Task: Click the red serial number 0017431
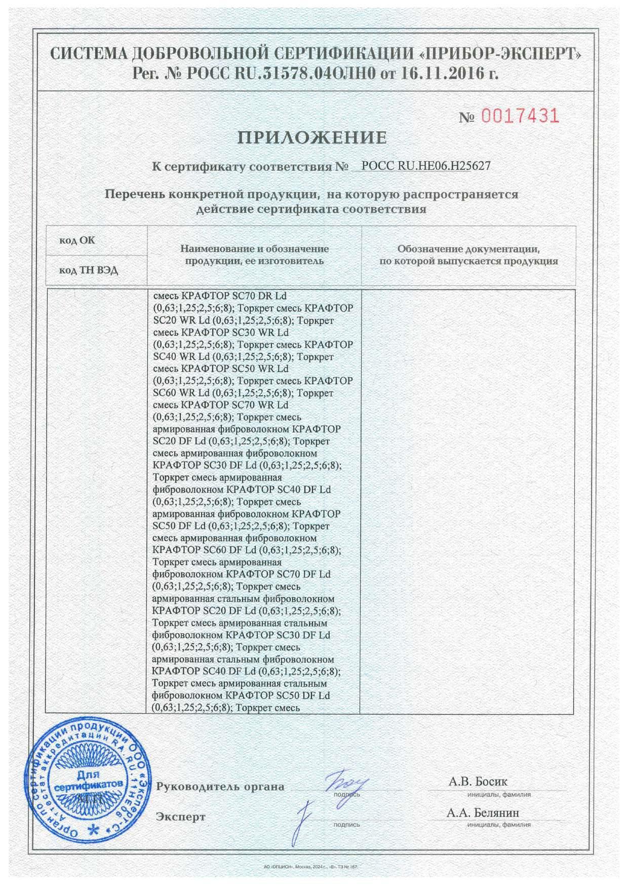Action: (520, 116)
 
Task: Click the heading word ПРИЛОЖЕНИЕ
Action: (313, 138)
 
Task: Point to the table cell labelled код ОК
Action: (77, 240)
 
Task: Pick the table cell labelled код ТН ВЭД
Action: (89, 270)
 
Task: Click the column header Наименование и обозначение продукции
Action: (254, 255)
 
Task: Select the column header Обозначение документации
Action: (468, 255)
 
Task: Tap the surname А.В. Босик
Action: (478, 781)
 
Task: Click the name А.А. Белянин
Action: (482, 812)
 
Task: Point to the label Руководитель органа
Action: (220, 787)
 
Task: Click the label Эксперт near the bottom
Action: (181, 817)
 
